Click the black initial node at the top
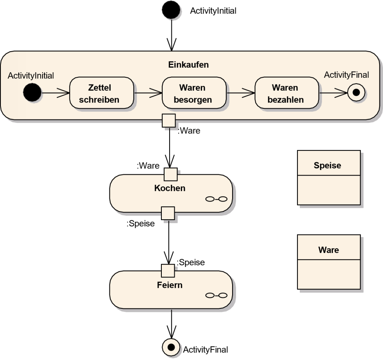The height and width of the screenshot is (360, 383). click(x=171, y=10)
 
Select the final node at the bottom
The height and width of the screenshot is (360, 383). click(x=172, y=346)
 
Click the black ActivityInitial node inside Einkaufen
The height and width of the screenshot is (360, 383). click(x=32, y=93)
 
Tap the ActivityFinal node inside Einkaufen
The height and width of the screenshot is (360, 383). click(x=356, y=93)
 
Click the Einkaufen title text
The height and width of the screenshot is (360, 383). click(x=188, y=65)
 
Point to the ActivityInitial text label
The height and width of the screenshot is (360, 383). click(x=31, y=75)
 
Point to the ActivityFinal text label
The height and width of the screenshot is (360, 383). click(x=346, y=75)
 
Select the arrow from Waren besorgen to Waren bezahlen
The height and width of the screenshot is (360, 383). click(x=240, y=93)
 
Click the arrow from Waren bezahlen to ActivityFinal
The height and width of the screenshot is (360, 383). click(x=333, y=93)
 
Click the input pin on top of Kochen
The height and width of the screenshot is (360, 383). click(x=171, y=174)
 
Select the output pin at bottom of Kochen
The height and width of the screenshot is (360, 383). click(x=168, y=213)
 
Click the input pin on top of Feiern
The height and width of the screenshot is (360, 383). click(x=168, y=271)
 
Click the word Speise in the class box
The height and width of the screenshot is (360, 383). click(x=328, y=165)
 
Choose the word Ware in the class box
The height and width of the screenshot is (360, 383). click(x=328, y=250)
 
